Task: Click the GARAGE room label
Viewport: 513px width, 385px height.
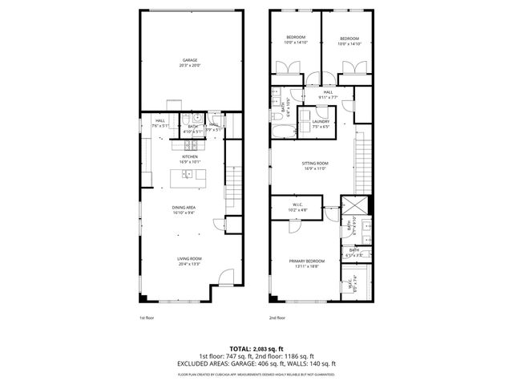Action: tap(189, 60)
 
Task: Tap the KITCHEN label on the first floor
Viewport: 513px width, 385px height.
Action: tap(189, 157)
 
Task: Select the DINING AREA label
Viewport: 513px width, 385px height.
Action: tap(184, 208)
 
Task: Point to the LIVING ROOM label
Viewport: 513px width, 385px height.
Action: tap(188, 258)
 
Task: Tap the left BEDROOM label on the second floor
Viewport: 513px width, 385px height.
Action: tap(295, 38)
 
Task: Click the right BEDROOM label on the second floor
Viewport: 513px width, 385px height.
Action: tap(348, 38)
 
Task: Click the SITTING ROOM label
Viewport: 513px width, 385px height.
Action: tap(315, 164)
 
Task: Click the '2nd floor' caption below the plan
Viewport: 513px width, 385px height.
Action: tap(277, 318)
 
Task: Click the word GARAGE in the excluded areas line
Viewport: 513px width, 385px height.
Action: tap(252, 363)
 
